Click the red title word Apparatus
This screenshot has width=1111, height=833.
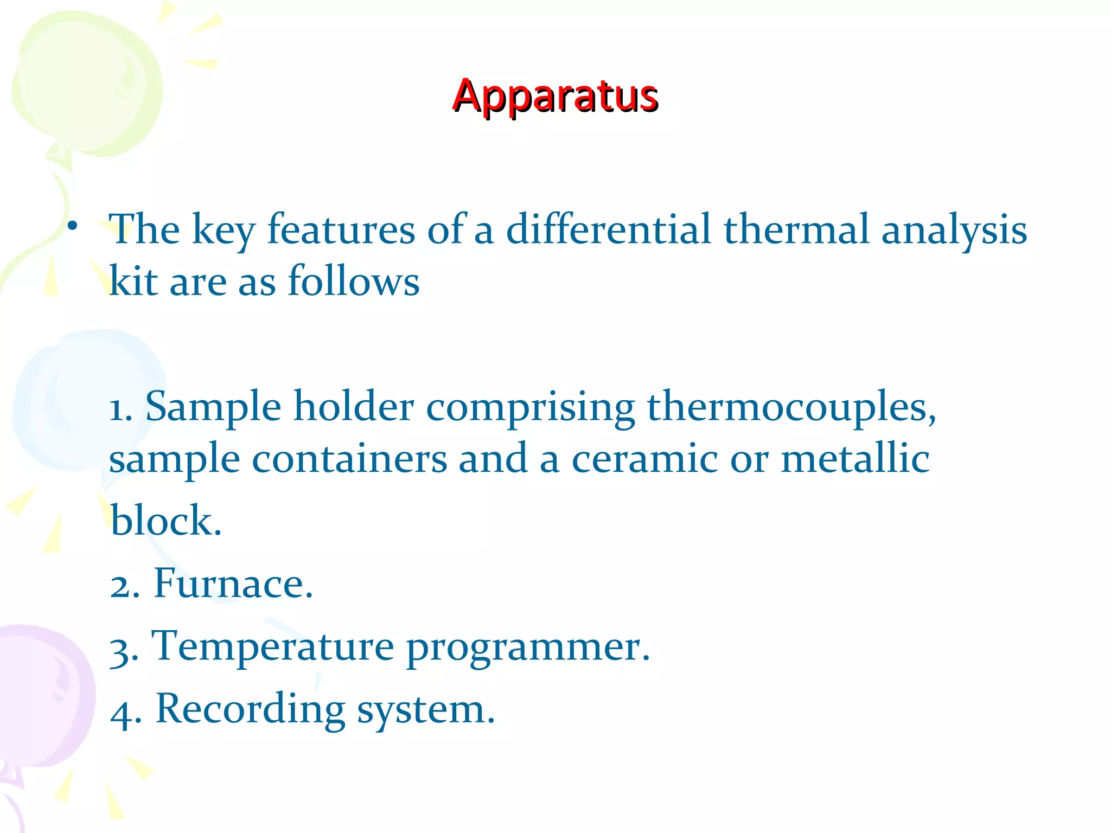[555, 97]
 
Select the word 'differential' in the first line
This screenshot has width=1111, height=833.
[608, 229]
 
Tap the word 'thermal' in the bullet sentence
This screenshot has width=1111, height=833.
[796, 229]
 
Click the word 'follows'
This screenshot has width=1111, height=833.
[353, 281]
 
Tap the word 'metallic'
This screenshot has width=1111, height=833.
[855, 459]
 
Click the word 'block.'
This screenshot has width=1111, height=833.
[166, 521]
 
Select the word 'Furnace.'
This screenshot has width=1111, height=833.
[233, 584]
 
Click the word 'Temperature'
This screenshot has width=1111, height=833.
[272, 646]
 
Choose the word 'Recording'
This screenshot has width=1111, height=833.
[250, 710]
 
